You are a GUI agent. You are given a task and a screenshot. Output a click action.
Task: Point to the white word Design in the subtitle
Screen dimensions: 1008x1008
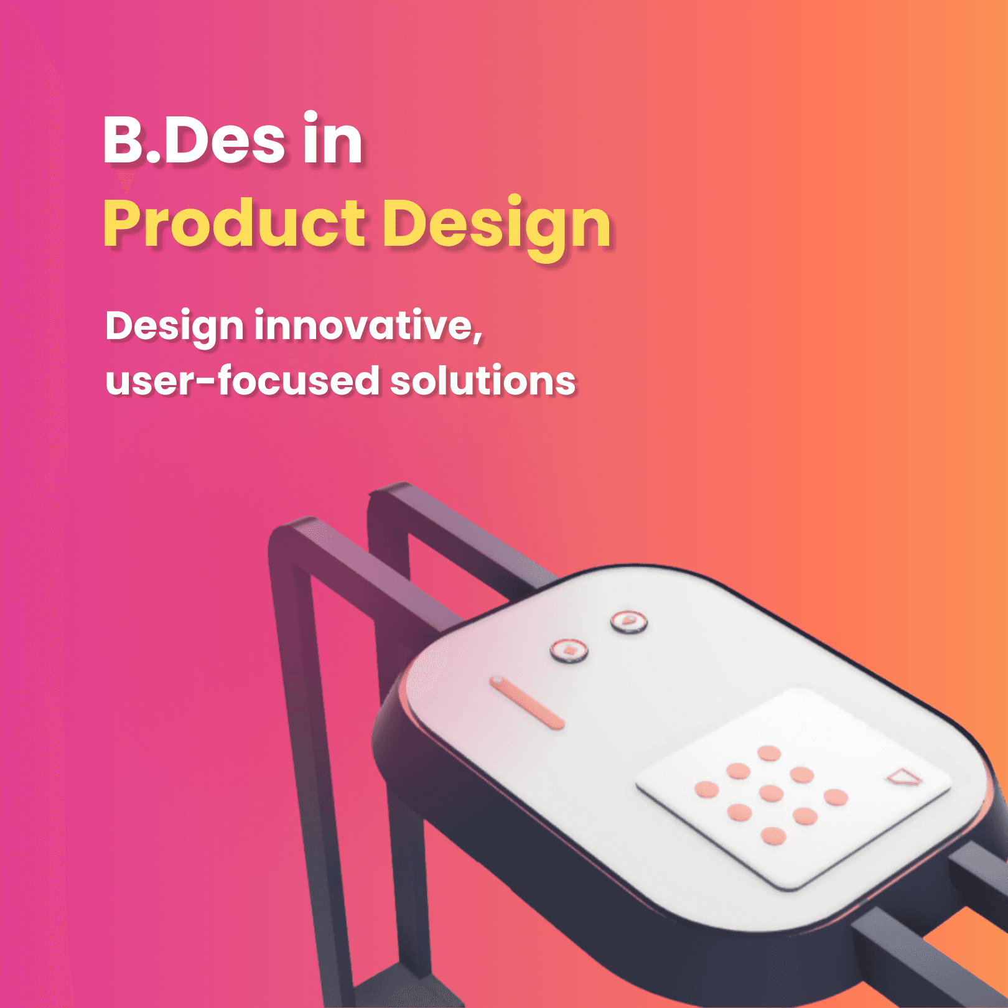(x=174, y=327)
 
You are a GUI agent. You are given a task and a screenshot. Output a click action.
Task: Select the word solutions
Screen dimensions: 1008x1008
(x=483, y=381)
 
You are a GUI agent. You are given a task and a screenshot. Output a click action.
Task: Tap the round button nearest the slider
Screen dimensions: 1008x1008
(x=569, y=650)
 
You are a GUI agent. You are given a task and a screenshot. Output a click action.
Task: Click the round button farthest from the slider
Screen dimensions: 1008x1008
(x=628, y=620)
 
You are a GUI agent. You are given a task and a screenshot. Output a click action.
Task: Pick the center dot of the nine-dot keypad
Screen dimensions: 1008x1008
(x=771, y=792)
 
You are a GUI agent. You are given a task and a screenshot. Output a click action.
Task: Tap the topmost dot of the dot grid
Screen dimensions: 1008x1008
(x=769, y=754)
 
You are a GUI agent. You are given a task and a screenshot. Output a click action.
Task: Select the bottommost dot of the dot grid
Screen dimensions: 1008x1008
(x=773, y=836)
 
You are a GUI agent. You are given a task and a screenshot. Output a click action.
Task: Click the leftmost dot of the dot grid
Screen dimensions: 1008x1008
(x=706, y=790)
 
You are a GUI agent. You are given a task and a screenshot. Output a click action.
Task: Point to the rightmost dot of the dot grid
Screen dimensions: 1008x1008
(x=836, y=797)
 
